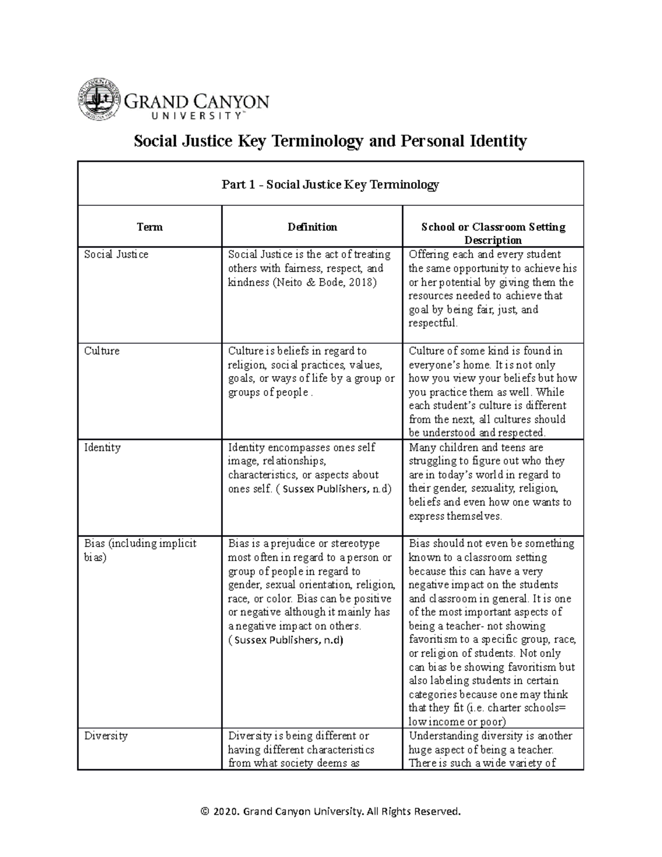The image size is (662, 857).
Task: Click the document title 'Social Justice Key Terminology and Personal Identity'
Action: [x=330, y=141]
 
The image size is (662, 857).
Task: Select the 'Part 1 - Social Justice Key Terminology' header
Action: [x=330, y=184]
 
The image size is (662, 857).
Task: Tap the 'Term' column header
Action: [x=150, y=227]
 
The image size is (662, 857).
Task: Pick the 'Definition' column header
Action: [x=312, y=227]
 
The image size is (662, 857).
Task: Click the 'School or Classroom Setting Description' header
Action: [x=493, y=233]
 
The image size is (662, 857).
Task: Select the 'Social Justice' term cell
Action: [x=116, y=254]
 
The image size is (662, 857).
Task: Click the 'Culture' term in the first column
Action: [x=102, y=351]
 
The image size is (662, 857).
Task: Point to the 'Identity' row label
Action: [x=102, y=448]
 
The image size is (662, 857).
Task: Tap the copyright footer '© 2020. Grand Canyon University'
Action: [x=330, y=811]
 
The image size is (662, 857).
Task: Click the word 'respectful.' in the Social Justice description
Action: [x=433, y=323]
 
